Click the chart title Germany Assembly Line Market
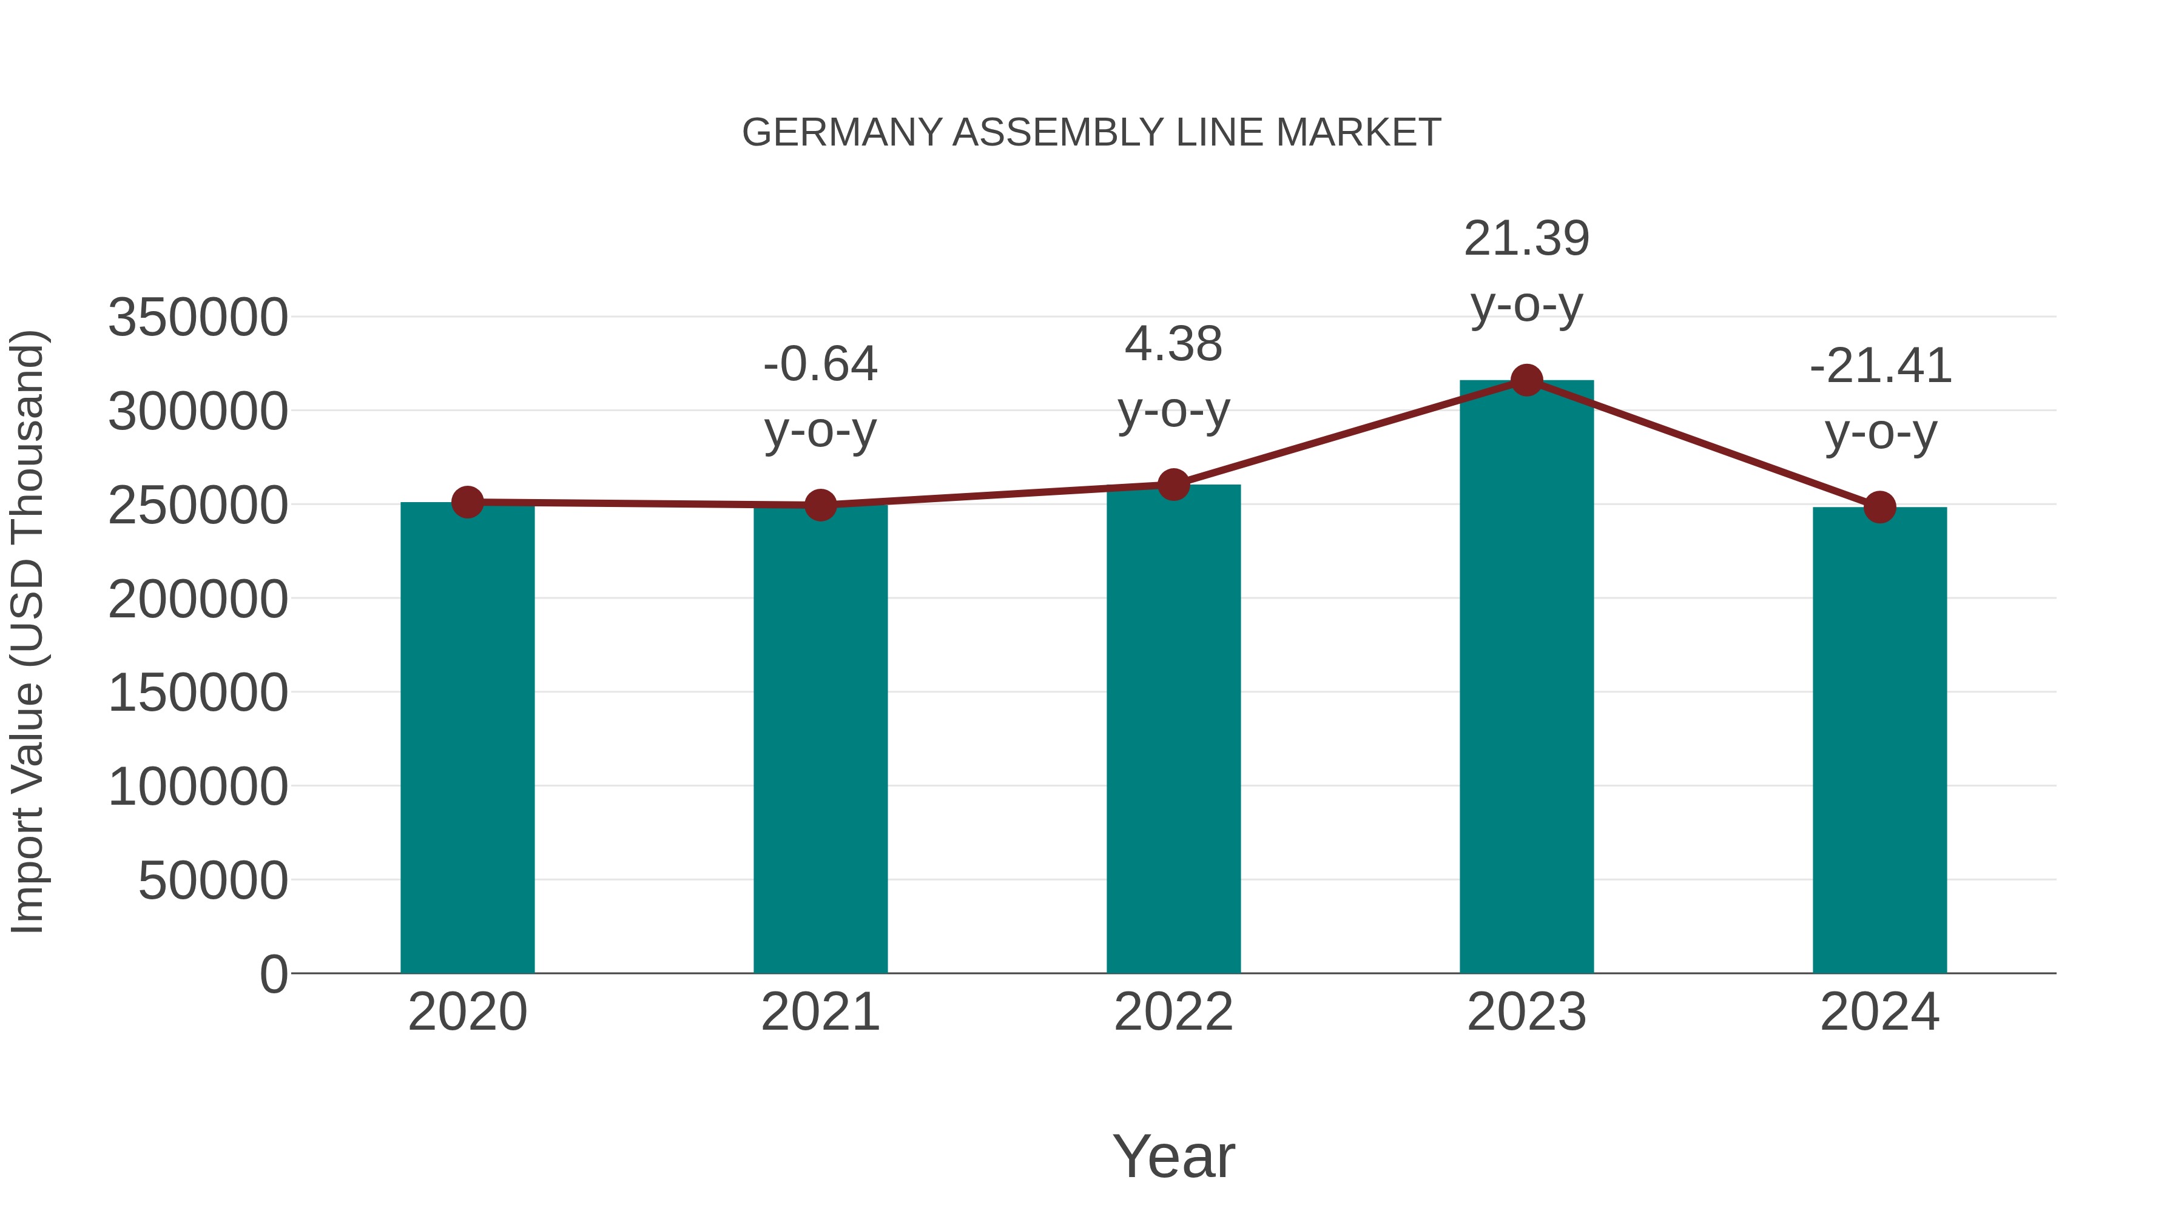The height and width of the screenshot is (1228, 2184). (1091, 133)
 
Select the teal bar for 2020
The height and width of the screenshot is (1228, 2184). (467, 737)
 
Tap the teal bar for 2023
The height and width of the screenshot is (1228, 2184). (1526, 678)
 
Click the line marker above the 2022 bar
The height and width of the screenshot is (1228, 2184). (1173, 485)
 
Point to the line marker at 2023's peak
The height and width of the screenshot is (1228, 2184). (1526, 380)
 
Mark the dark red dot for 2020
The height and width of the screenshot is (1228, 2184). (467, 503)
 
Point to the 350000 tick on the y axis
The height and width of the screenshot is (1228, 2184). (198, 318)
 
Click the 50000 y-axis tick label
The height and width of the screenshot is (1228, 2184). (213, 881)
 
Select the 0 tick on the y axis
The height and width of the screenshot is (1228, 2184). (273, 975)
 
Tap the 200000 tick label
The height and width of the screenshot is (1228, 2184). (198, 600)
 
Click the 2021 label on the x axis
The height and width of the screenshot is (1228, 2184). (820, 1012)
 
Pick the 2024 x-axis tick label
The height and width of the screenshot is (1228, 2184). (1879, 1012)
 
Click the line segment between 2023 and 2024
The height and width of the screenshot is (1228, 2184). (1702, 443)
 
